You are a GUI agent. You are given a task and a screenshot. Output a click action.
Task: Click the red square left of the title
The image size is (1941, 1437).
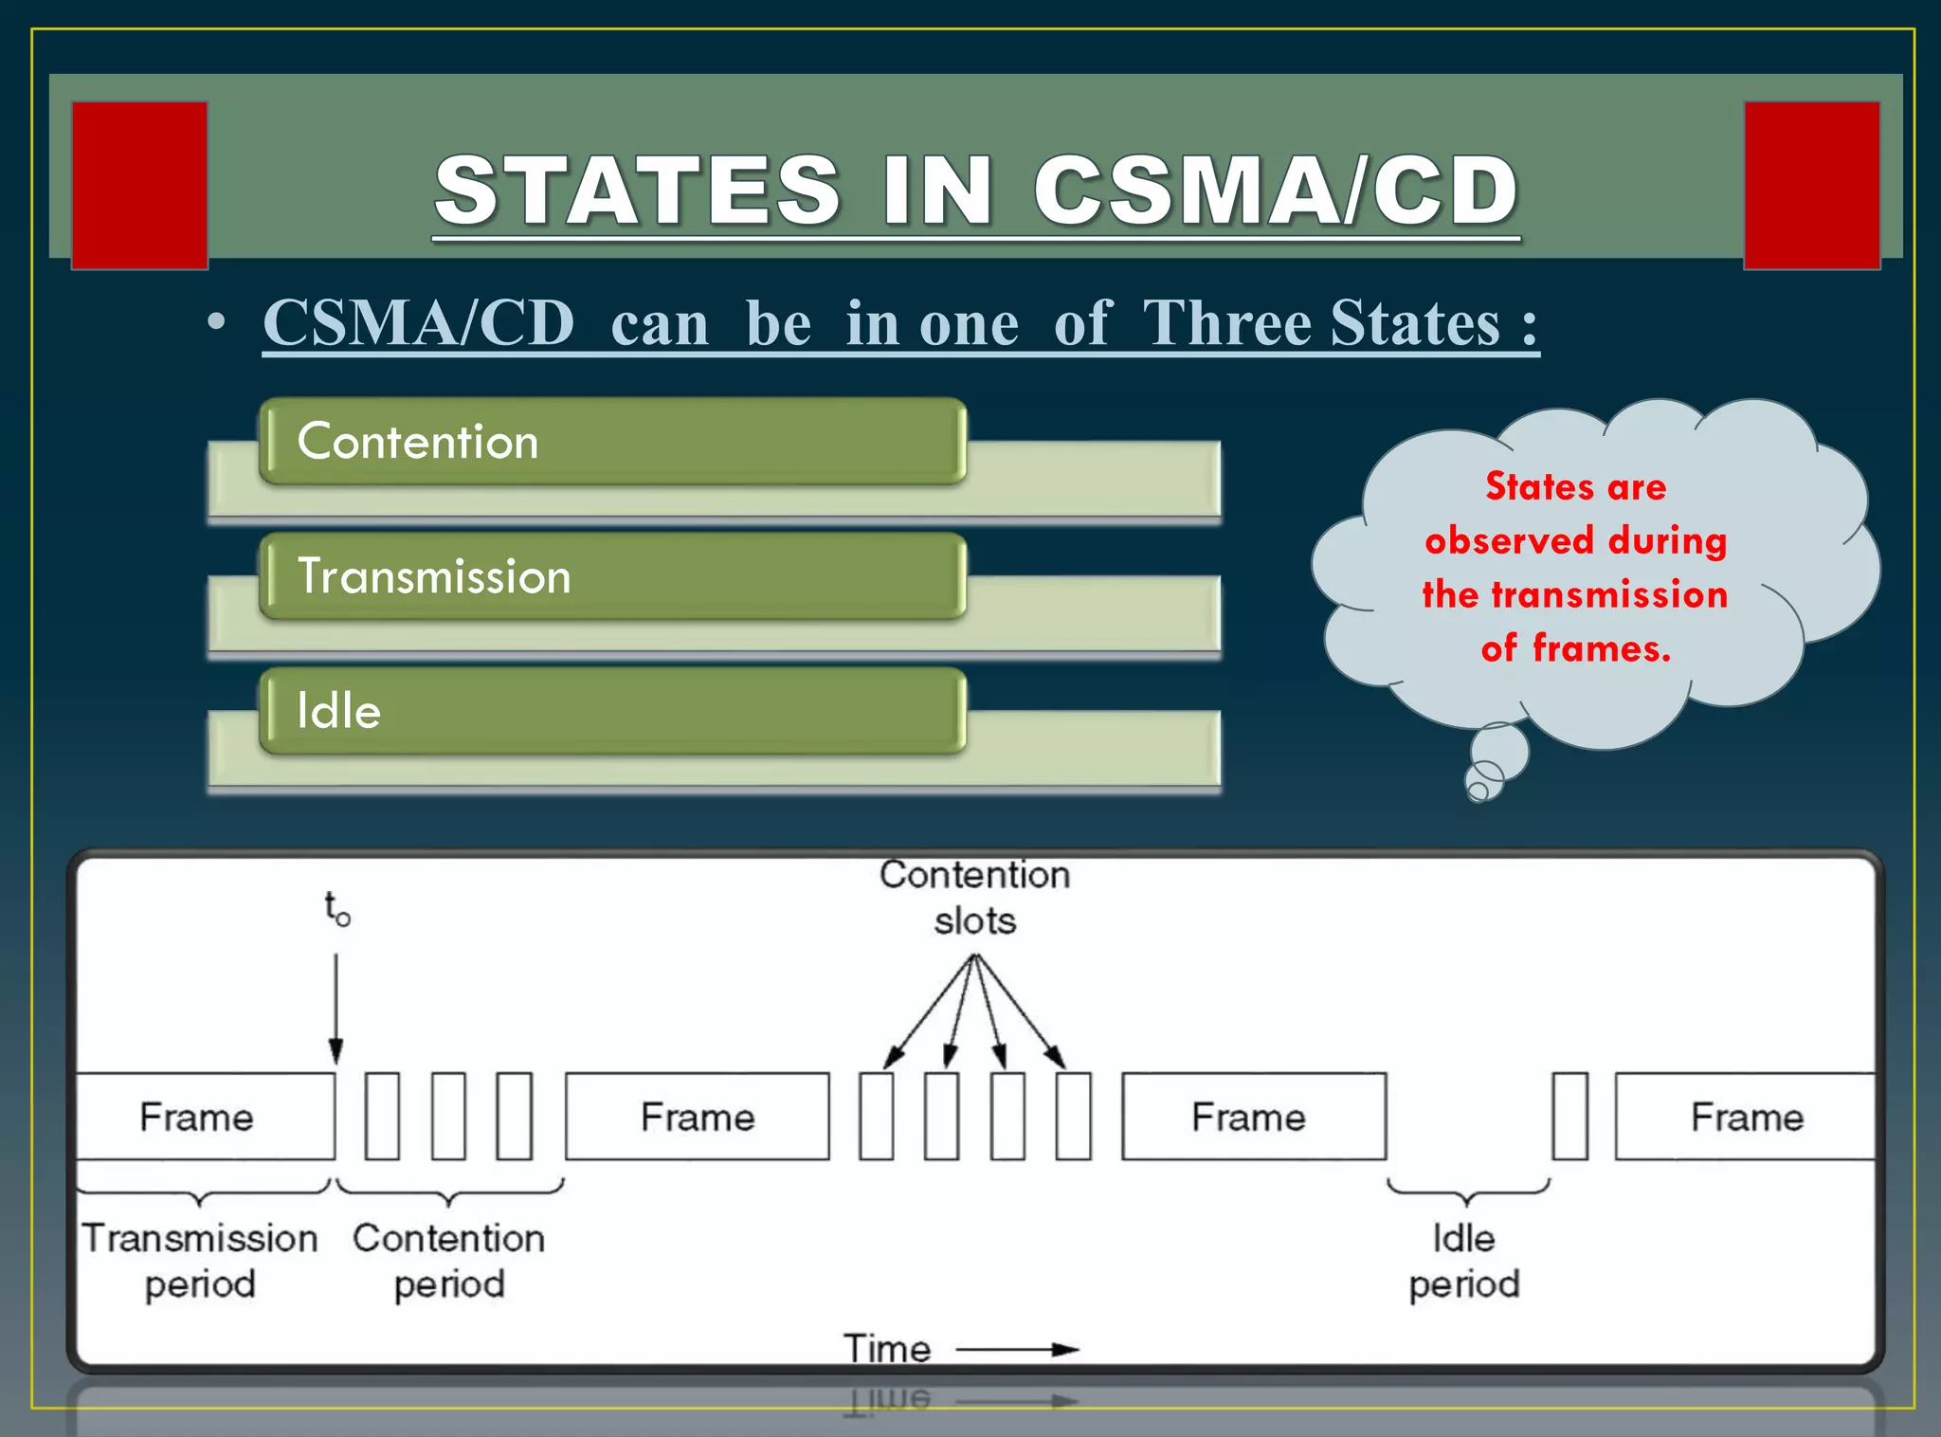tap(139, 186)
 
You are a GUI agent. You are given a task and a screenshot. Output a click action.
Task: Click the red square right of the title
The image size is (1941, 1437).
tap(1811, 186)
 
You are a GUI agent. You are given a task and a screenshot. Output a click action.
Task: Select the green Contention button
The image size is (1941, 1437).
tap(612, 442)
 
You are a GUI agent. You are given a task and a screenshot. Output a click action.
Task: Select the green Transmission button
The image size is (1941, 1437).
tap(612, 576)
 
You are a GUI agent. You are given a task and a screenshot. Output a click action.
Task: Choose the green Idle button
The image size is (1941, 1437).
tap(612, 711)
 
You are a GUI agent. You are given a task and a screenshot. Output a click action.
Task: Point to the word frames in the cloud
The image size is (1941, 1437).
tap(1601, 649)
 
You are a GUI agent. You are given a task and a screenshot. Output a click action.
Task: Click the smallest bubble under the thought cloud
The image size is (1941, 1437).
tap(1477, 791)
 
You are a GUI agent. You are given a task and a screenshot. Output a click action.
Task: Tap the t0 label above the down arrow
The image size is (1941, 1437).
tap(336, 908)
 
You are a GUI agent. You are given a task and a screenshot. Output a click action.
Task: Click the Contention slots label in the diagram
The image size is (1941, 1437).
tap(974, 898)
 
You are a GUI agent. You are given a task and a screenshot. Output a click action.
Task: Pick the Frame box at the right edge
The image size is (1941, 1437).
tap(1746, 1117)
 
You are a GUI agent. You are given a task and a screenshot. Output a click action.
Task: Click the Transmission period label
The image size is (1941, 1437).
tap(200, 1261)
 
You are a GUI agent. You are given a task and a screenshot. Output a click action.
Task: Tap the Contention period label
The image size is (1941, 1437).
tap(449, 1261)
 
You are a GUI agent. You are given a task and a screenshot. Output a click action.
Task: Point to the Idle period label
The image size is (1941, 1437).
tap(1464, 1261)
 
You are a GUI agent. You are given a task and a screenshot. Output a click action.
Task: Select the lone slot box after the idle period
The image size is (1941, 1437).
tap(1569, 1117)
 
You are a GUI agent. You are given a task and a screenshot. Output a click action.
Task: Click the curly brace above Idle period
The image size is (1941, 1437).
tap(1467, 1191)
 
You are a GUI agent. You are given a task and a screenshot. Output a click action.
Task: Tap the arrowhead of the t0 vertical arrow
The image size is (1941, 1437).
tap(336, 1052)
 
